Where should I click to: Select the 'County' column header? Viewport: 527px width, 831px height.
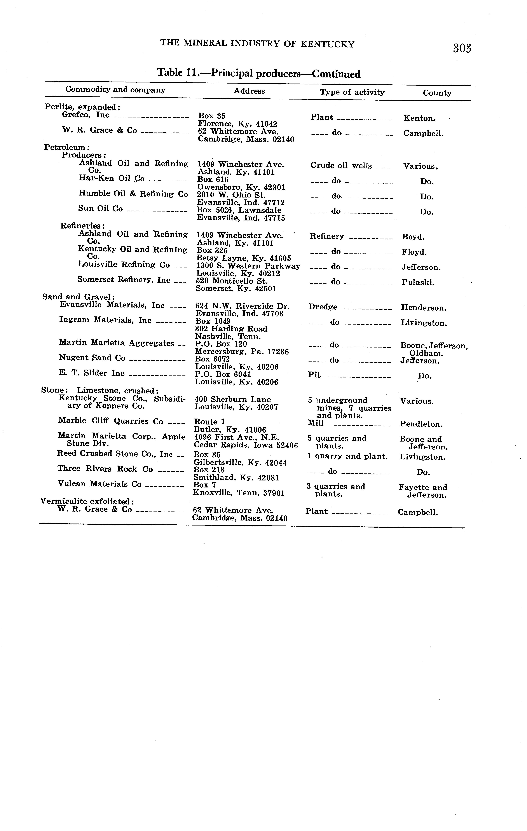(437, 93)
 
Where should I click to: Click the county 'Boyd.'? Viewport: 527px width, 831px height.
(413, 237)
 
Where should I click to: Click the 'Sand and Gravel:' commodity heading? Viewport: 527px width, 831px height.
(78, 297)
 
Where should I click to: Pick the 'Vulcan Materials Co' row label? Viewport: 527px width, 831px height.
(99, 484)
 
